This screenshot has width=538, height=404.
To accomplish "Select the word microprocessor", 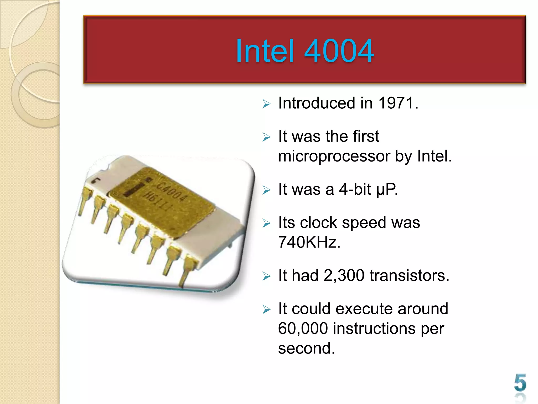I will point(334,156).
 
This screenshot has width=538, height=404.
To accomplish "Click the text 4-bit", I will point(355,189).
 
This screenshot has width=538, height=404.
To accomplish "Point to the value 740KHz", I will point(309,242).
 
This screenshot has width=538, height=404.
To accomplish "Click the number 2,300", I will point(344,275).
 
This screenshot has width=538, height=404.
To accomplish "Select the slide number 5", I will point(520,383).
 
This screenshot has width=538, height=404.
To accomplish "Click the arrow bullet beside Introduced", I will point(266,104).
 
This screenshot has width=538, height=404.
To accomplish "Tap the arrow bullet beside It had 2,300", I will point(266,276).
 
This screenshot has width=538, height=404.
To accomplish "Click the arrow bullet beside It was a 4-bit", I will point(266,190).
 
